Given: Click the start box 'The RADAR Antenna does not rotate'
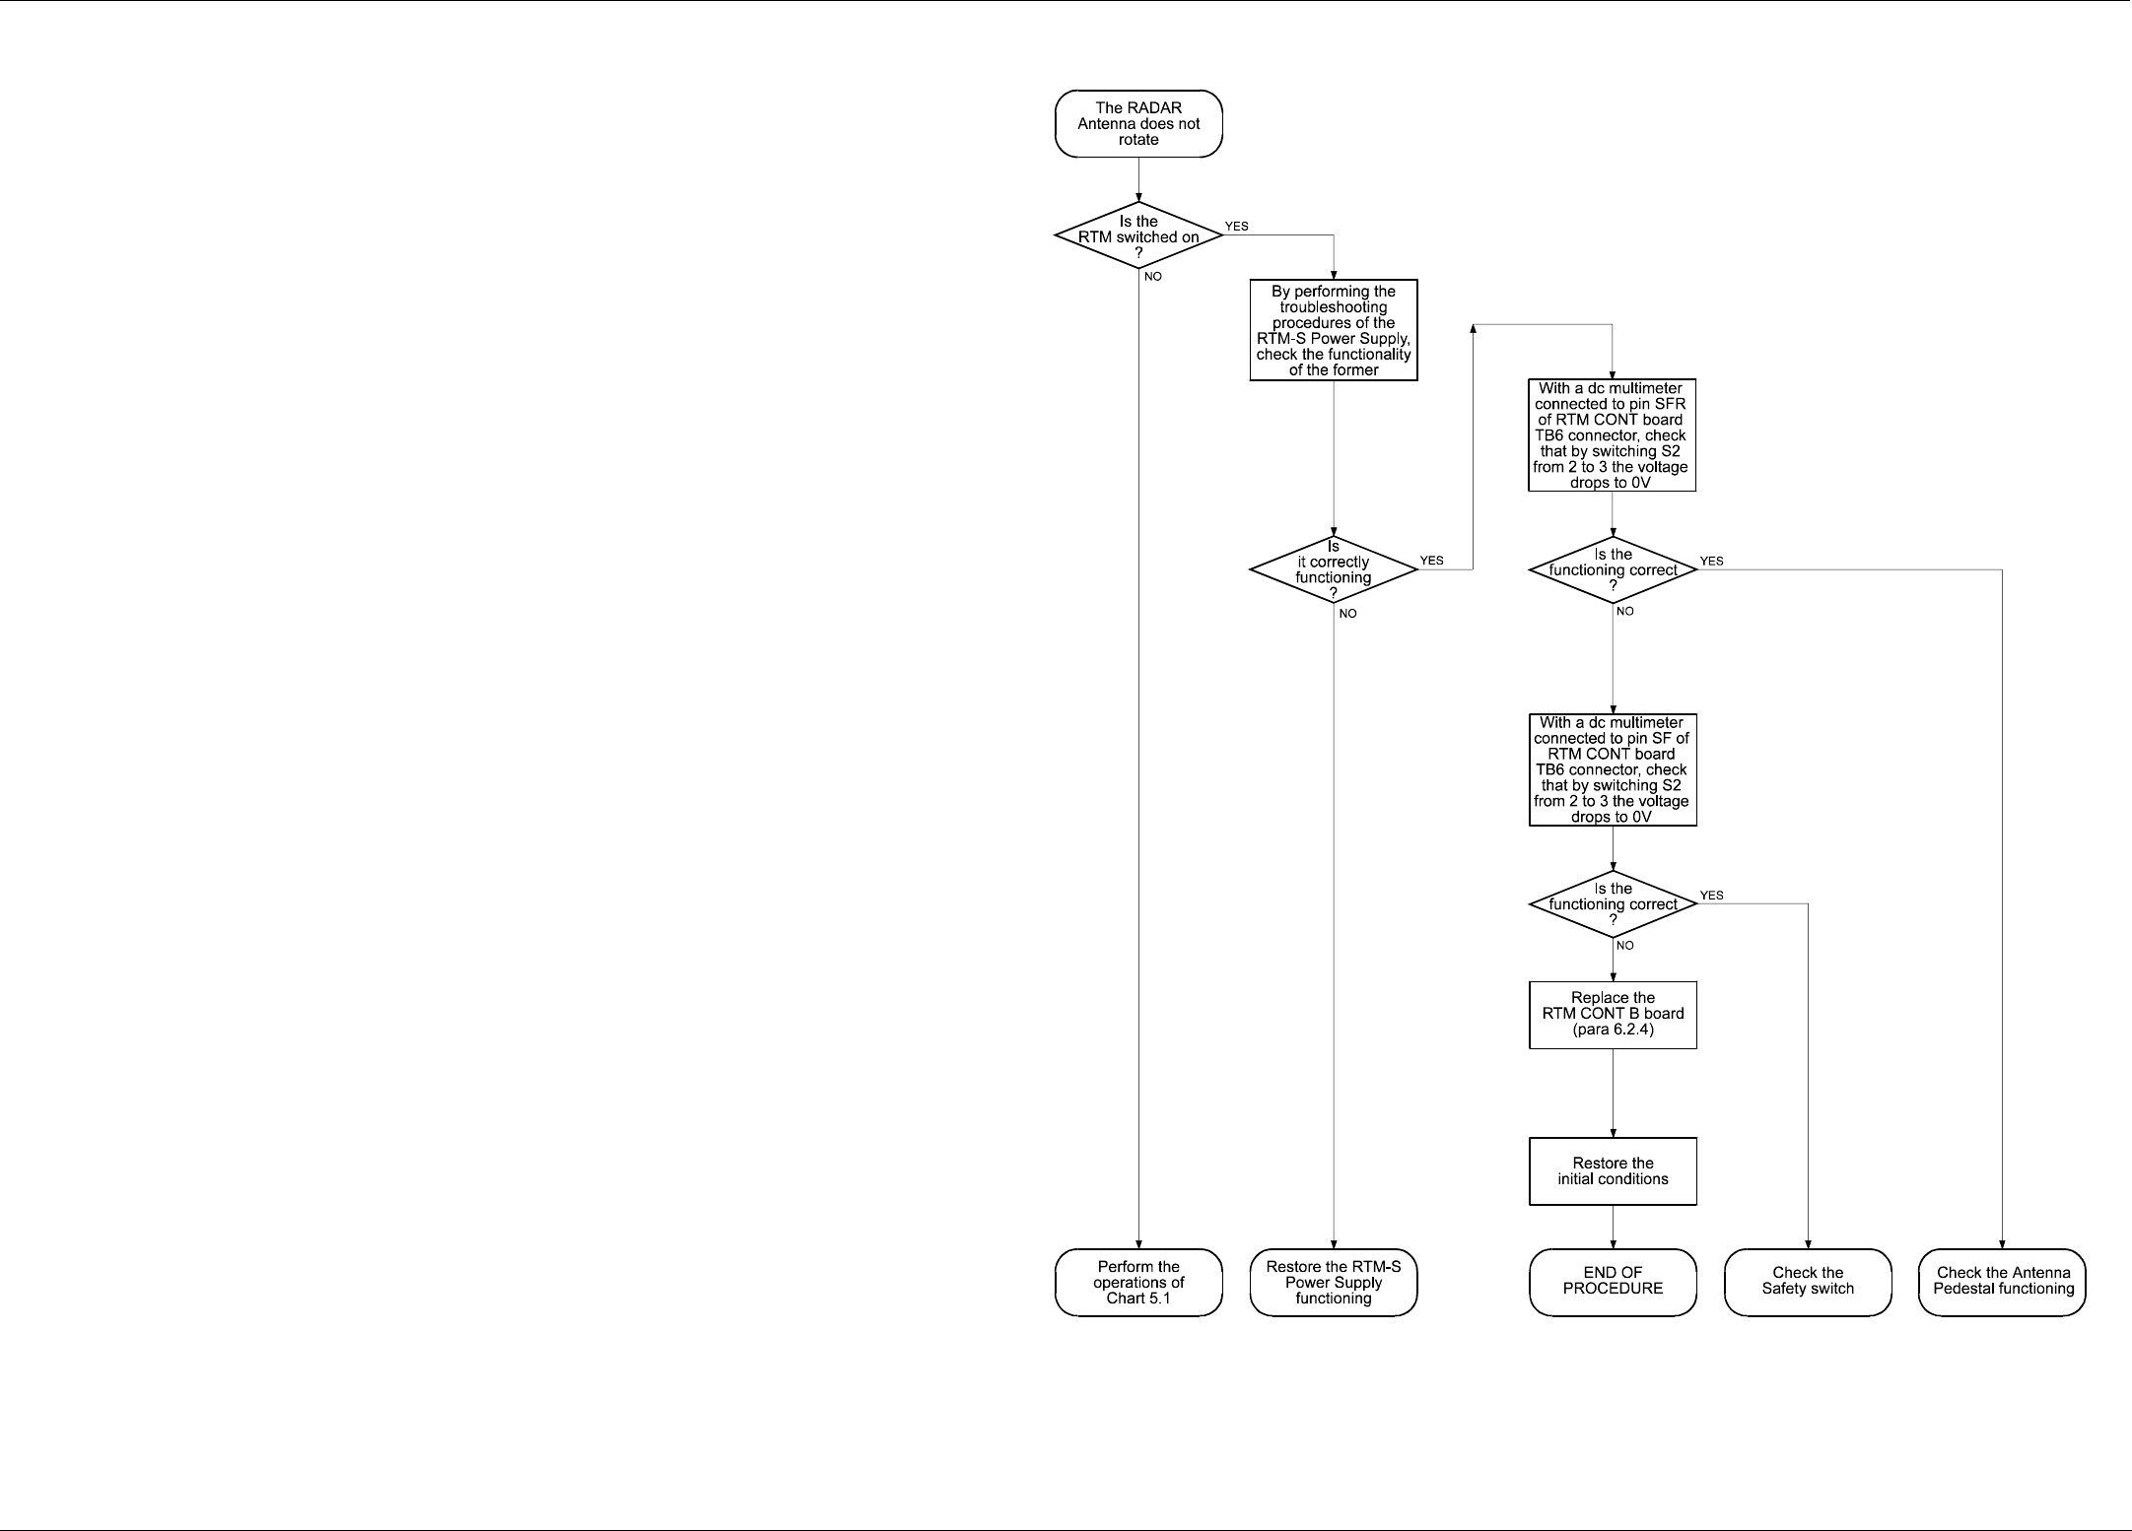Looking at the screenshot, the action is pyautogui.click(x=1138, y=124).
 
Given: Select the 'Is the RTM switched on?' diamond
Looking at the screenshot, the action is pyautogui.click(x=1138, y=235).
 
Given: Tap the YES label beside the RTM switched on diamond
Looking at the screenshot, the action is pyautogui.click(x=1236, y=227).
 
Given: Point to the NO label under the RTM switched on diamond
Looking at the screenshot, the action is pyautogui.click(x=1152, y=277).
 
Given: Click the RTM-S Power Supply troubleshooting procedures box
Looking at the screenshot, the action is pyautogui.click(x=1334, y=331).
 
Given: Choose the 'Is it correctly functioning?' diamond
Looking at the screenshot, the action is pyautogui.click(x=1334, y=569).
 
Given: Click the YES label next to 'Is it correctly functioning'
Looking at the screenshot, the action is pyautogui.click(x=1431, y=561).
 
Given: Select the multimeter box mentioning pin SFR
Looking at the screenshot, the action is pyautogui.click(x=1612, y=435).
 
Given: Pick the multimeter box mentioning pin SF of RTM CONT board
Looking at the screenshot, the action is pyautogui.click(x=1613, y=769).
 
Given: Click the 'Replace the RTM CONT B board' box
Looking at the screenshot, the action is pyautogui.click(x=1613, y=1014).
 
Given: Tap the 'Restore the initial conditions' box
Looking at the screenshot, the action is pyautogui.click(x=1613, y=1171).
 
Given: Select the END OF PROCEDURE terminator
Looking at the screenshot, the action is pyautogui.click(x=1613, y=1281).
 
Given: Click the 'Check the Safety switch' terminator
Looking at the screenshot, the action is pyautogui.click(x=1808, y=1281).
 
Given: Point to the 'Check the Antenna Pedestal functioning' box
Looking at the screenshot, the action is pyautogui.click(x=2003, y=1281).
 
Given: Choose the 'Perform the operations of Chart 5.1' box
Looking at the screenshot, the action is pyautogui.click(x=1138, y=1282).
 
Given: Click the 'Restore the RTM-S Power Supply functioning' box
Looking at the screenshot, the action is pyautogui.click(x=1334, y=1282).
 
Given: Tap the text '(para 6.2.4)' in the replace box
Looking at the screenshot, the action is pyautogui.click(x=1613, y=1030).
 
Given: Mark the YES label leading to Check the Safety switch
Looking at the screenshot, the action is pyautogui.click(x=1712, y=896).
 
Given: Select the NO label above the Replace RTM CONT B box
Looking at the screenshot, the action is pyautogui.click(x=1625, y=946).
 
